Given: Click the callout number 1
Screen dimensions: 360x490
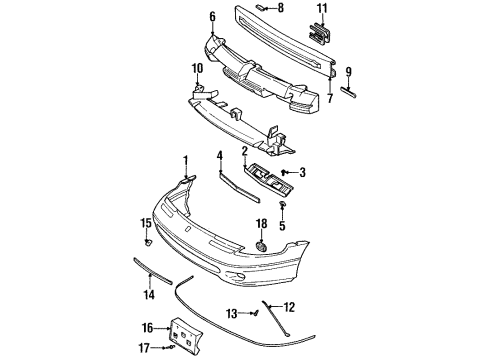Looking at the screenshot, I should pos(185,160).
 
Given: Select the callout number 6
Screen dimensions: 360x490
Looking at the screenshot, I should pos(212,17).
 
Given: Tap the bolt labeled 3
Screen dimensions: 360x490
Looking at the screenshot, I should pos(285,173).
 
